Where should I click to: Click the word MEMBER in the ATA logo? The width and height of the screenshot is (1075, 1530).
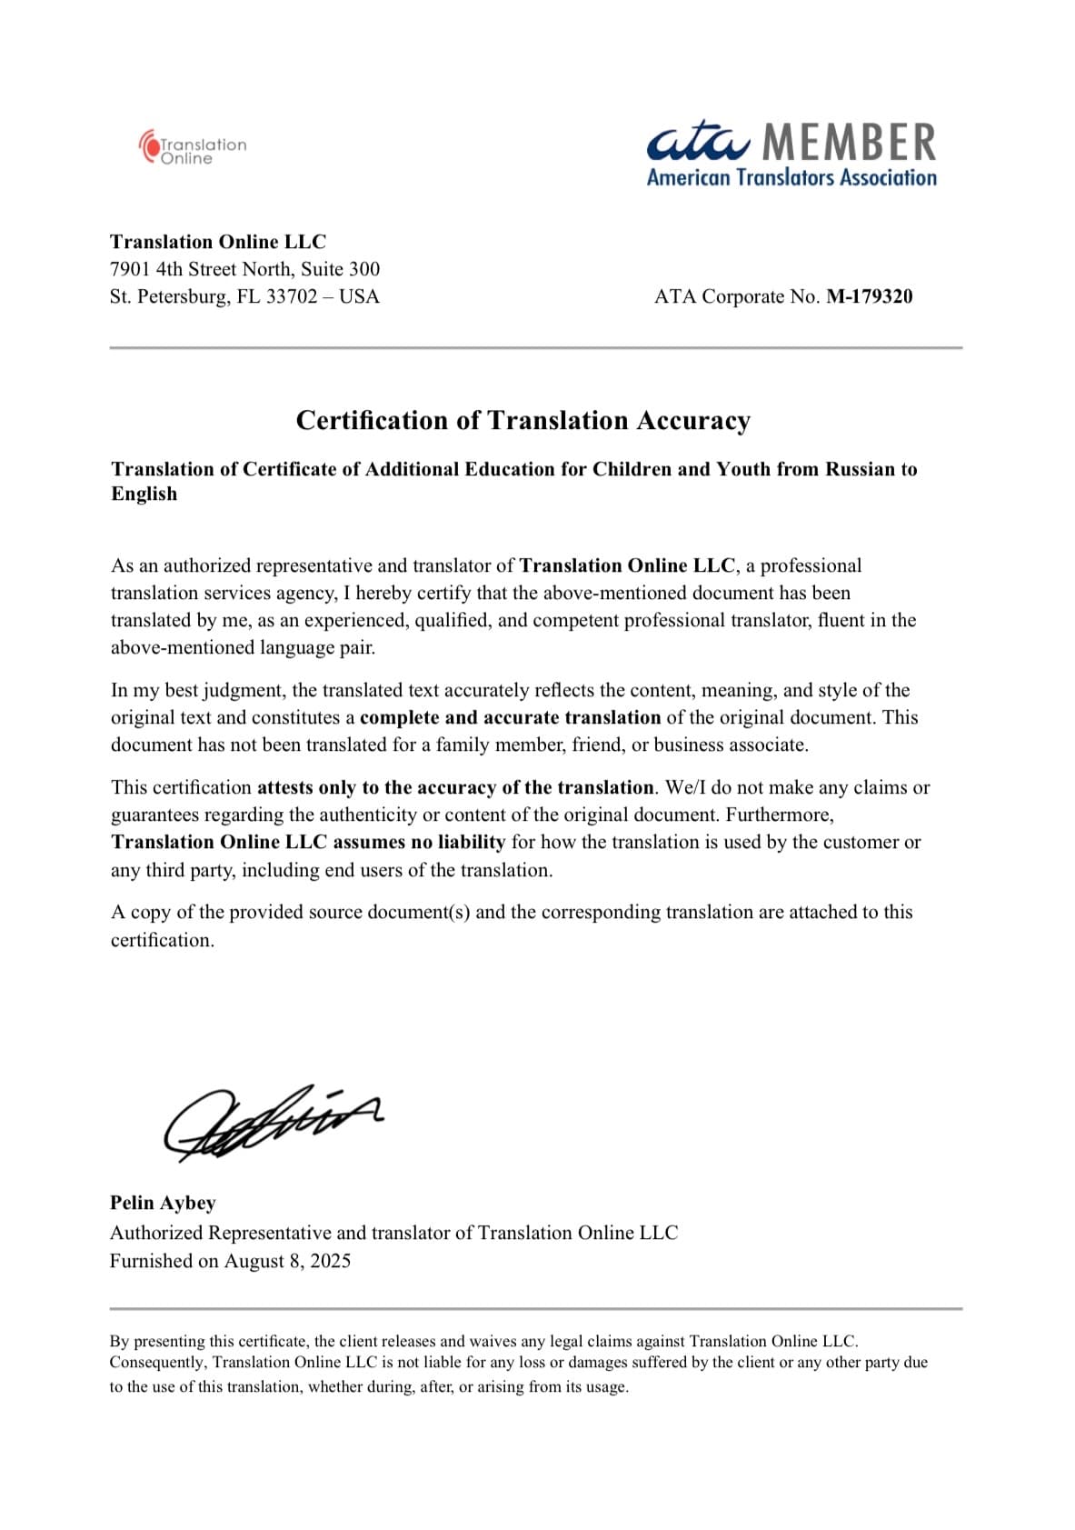[849, 143]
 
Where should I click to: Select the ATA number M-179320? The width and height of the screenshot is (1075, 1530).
[869, 296]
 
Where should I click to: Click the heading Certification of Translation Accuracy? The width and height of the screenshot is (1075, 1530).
[523, 420]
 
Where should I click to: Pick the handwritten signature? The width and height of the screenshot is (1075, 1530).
[271, 1124]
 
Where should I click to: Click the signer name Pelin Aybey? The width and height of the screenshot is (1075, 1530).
[163, 1203]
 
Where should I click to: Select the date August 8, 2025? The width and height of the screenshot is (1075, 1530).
[287, 1261]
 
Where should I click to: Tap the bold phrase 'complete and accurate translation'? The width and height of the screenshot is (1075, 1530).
[510, 717]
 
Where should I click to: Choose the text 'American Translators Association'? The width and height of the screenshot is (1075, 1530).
[791, 177]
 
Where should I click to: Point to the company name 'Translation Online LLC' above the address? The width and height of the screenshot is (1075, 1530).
[218, 242]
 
